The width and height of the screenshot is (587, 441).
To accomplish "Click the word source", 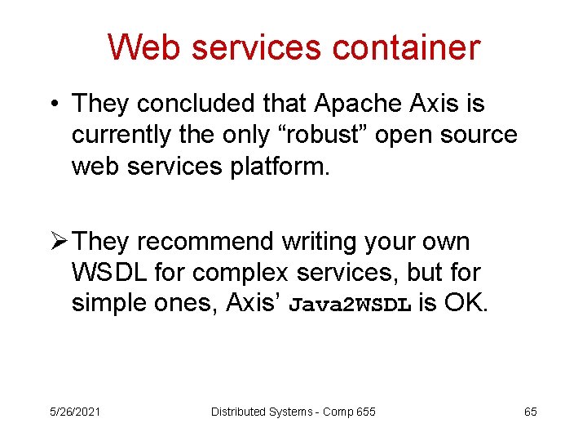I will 479,135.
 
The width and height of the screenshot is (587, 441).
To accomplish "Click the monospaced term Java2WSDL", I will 351,305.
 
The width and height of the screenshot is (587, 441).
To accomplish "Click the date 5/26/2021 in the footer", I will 74,412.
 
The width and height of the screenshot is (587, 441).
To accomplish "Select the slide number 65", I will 530,412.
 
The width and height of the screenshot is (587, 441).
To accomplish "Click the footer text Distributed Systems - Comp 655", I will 293,412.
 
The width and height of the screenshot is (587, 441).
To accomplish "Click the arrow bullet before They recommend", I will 56,243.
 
